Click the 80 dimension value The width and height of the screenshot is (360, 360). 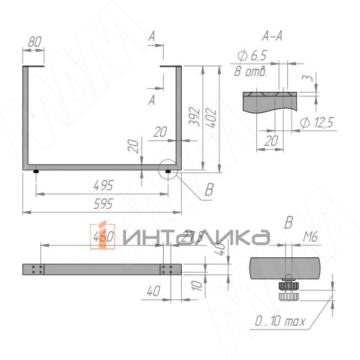(x=35, y=42)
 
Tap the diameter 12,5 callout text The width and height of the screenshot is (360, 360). (x=316, y=123)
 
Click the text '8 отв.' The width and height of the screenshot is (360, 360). (x=249, y=72)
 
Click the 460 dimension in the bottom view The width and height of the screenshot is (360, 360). (x=104, y=238)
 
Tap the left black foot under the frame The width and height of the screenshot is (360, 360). (x=37, y=172)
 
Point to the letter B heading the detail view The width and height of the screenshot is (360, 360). (x=288, y=223)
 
